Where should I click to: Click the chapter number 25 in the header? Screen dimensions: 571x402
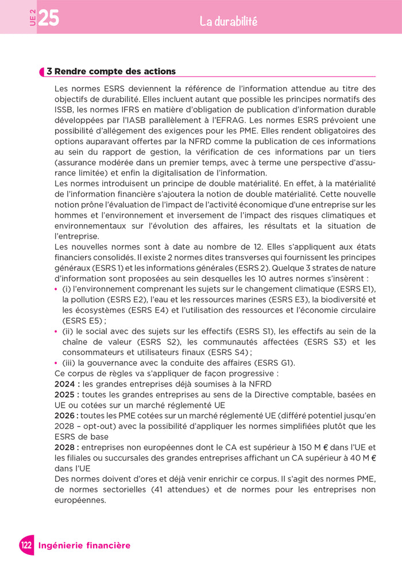49,18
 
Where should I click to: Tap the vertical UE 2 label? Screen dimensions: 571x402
32,18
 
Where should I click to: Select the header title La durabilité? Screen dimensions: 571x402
228,22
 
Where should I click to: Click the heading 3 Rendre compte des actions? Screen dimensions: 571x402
111,71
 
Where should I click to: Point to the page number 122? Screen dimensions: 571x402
26,545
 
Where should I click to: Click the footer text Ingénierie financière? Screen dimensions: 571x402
84,545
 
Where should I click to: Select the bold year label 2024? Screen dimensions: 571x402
65,384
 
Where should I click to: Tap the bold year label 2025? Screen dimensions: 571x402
65,394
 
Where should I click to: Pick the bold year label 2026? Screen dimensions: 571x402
65,415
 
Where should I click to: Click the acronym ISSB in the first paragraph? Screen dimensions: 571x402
64,109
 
